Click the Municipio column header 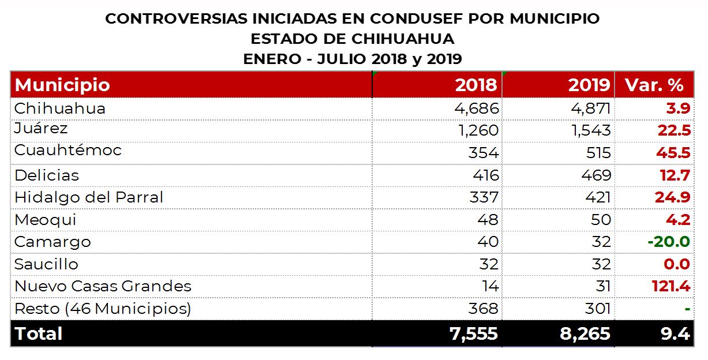(x=62, y=85)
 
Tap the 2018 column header (x=475, y=85)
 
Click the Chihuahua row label (x=60, y=108)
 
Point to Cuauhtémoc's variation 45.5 (x=673, y=153)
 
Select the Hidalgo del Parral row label (x=89, y=197)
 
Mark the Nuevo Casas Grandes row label (x=103, y=286)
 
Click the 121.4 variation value (x=671, y=286)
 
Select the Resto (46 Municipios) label (x=103, y=309)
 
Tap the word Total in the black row (x=39, y=333)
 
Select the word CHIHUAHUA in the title (x=399, y=39)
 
